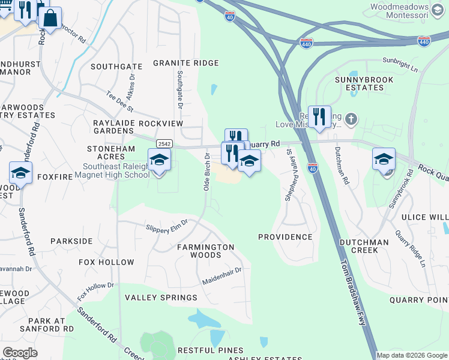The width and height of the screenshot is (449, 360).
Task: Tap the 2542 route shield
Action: pyautogui.click(x=164, y=144)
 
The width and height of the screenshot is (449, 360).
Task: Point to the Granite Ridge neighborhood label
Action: pyautogui.click(x=185, y=63)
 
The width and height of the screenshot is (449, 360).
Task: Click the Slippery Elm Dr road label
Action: pyautogui.click(x=167, y=224)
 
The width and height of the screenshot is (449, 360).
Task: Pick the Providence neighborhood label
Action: pyautogui.click(x=285, y=237)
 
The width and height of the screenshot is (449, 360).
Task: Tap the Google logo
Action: pyautogui.click(x=20, y=353)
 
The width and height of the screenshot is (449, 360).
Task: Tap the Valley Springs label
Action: pyautogui.click(x=161, y=298)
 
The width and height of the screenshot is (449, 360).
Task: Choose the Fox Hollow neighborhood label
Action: pyautogui.click(x=107, y=262)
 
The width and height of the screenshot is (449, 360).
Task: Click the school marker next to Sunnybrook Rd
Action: pyautogui.click(x=384, y=160)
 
